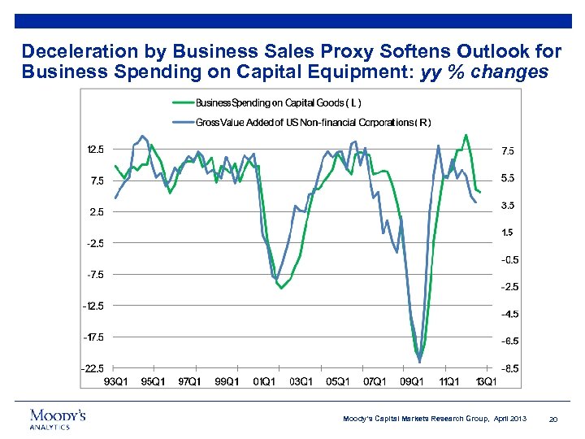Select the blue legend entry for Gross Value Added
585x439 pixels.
click(x=313, y=122)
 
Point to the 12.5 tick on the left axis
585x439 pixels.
click(x=95, y=150)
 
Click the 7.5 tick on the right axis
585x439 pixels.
click(x=508, y=150)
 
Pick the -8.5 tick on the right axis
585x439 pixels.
click(x=509, y=368)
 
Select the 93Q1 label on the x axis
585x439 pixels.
click(x=115, y=381)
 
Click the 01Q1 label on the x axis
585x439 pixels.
click(x=263, y=381)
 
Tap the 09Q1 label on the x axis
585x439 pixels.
click(x=411, y=381)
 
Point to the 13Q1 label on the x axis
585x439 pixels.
click(x=485, y=381)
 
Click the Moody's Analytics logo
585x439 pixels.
click(x=57, y=418)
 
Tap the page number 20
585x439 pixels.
click(x=553, y=419)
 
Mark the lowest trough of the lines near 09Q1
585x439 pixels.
click(x=419, y=361)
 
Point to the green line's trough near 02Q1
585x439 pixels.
click(x=281, y=288)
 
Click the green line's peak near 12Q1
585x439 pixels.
click(x=466, y=135)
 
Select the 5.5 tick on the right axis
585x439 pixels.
click(x=508, y=178)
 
